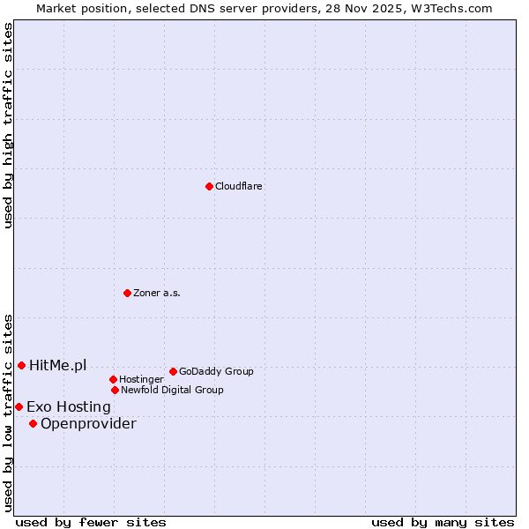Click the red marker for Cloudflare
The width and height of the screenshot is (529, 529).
[x=209, y=186]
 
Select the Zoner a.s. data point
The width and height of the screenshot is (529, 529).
[x=127, y=293]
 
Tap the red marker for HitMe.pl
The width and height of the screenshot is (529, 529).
[x=21, y=365]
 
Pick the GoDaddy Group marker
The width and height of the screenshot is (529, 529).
[x=173, y=371]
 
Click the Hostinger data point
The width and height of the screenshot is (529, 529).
[x=113, y=379]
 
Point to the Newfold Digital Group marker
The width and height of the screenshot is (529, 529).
[x=115, y=390]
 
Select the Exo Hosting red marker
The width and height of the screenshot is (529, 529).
[x=19, y=406]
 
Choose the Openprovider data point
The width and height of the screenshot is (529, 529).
[x=33, y=423]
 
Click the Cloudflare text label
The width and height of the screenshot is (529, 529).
[x=239, y=186]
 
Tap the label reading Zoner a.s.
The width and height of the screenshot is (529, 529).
[x=157, y=293]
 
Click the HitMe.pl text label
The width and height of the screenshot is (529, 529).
[x=58, y=365]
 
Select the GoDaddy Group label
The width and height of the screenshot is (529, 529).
[x=216, y=371]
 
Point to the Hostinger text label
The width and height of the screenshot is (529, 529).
[x=141, y=379]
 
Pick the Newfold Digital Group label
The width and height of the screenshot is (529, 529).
[x=172, y=390]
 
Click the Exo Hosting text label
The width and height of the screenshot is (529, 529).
[x=69, y=406]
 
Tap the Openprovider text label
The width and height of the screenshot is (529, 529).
[x=88, y=423]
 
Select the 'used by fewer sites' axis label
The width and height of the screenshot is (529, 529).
[x=91, y=522]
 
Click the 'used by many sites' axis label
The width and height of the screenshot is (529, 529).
[x=443, y=522]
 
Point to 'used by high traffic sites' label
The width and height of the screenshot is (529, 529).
[x=8, y=125]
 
